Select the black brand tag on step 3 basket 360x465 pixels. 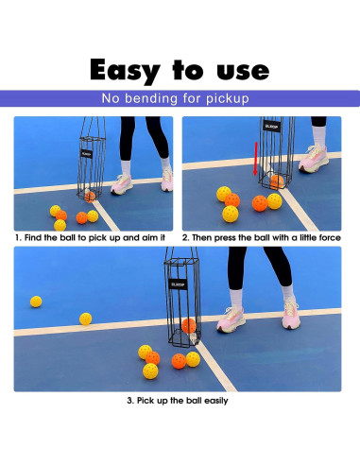pos(180,280)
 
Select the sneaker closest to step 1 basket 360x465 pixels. pos(123,184)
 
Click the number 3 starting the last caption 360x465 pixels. pos(129,401)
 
